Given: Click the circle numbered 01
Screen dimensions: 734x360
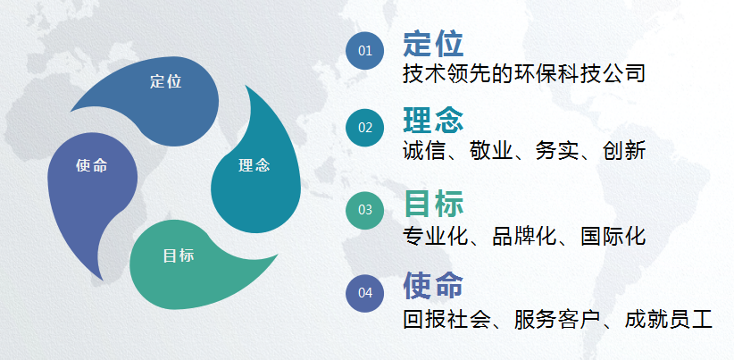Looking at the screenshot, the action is click(x=364, y=51).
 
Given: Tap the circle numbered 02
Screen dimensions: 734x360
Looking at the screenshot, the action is click(x=364, y=128).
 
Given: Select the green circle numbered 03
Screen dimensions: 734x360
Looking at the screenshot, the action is click(x=364, y=210).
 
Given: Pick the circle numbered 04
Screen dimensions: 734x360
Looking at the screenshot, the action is click(x=364, y=293).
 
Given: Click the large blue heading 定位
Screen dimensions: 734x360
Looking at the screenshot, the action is click(x=433, y=44).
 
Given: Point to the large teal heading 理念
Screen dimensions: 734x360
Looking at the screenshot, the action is click(x=433, y=120).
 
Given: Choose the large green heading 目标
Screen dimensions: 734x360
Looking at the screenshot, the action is click(x=433, y=203).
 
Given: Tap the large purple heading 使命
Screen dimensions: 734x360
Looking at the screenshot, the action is click(x=433, y=285).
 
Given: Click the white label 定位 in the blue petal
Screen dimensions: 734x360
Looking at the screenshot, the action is click(x=166, y=81).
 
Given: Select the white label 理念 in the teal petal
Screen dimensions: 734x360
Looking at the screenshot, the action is click(x=254, y=165).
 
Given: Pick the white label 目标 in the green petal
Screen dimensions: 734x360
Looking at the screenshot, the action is click(x=179, y=255).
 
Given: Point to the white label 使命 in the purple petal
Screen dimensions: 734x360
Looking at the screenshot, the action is click(x=92, y=165).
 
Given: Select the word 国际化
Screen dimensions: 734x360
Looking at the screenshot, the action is click(x=613, y=236).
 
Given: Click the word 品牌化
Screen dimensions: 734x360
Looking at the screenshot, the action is click(x=524, y=236).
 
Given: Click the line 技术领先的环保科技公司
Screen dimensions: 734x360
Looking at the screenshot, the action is click(x=524, y=73).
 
